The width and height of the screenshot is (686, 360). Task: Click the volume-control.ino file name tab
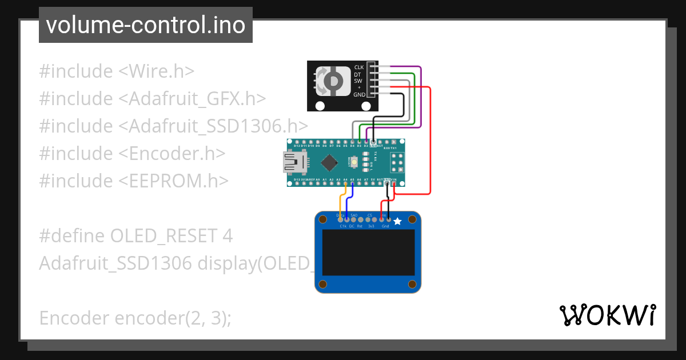145,25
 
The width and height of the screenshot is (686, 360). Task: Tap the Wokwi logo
607,315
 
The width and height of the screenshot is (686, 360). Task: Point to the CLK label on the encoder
359,67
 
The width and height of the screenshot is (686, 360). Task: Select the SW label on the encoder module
358,81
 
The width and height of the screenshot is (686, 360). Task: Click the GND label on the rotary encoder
359,94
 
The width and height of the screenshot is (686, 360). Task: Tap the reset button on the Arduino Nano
355,163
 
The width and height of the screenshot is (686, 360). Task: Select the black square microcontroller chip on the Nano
329,163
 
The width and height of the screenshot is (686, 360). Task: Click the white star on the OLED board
398,221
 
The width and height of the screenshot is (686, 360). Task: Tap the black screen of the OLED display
368,253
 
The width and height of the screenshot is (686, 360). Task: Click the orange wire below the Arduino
341,203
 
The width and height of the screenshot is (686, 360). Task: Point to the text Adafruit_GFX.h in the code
197,98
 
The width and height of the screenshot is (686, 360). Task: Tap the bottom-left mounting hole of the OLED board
324,284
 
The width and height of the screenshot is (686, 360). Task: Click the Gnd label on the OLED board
385,227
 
